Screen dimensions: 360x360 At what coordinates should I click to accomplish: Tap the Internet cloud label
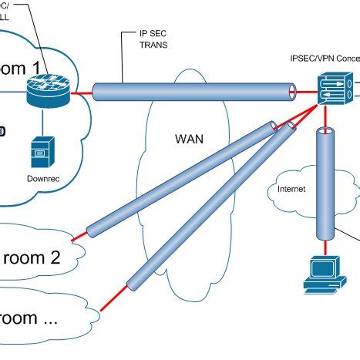click(x=291, y=187)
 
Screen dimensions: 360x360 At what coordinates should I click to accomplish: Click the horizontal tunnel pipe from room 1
click(x=193, y=92)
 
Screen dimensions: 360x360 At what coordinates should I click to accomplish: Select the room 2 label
click(x=31, y=257)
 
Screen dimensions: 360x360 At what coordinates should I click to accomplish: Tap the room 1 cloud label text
click(x=31, y=67)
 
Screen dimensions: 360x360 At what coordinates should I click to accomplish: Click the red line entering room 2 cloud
click(x=77, y=234)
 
